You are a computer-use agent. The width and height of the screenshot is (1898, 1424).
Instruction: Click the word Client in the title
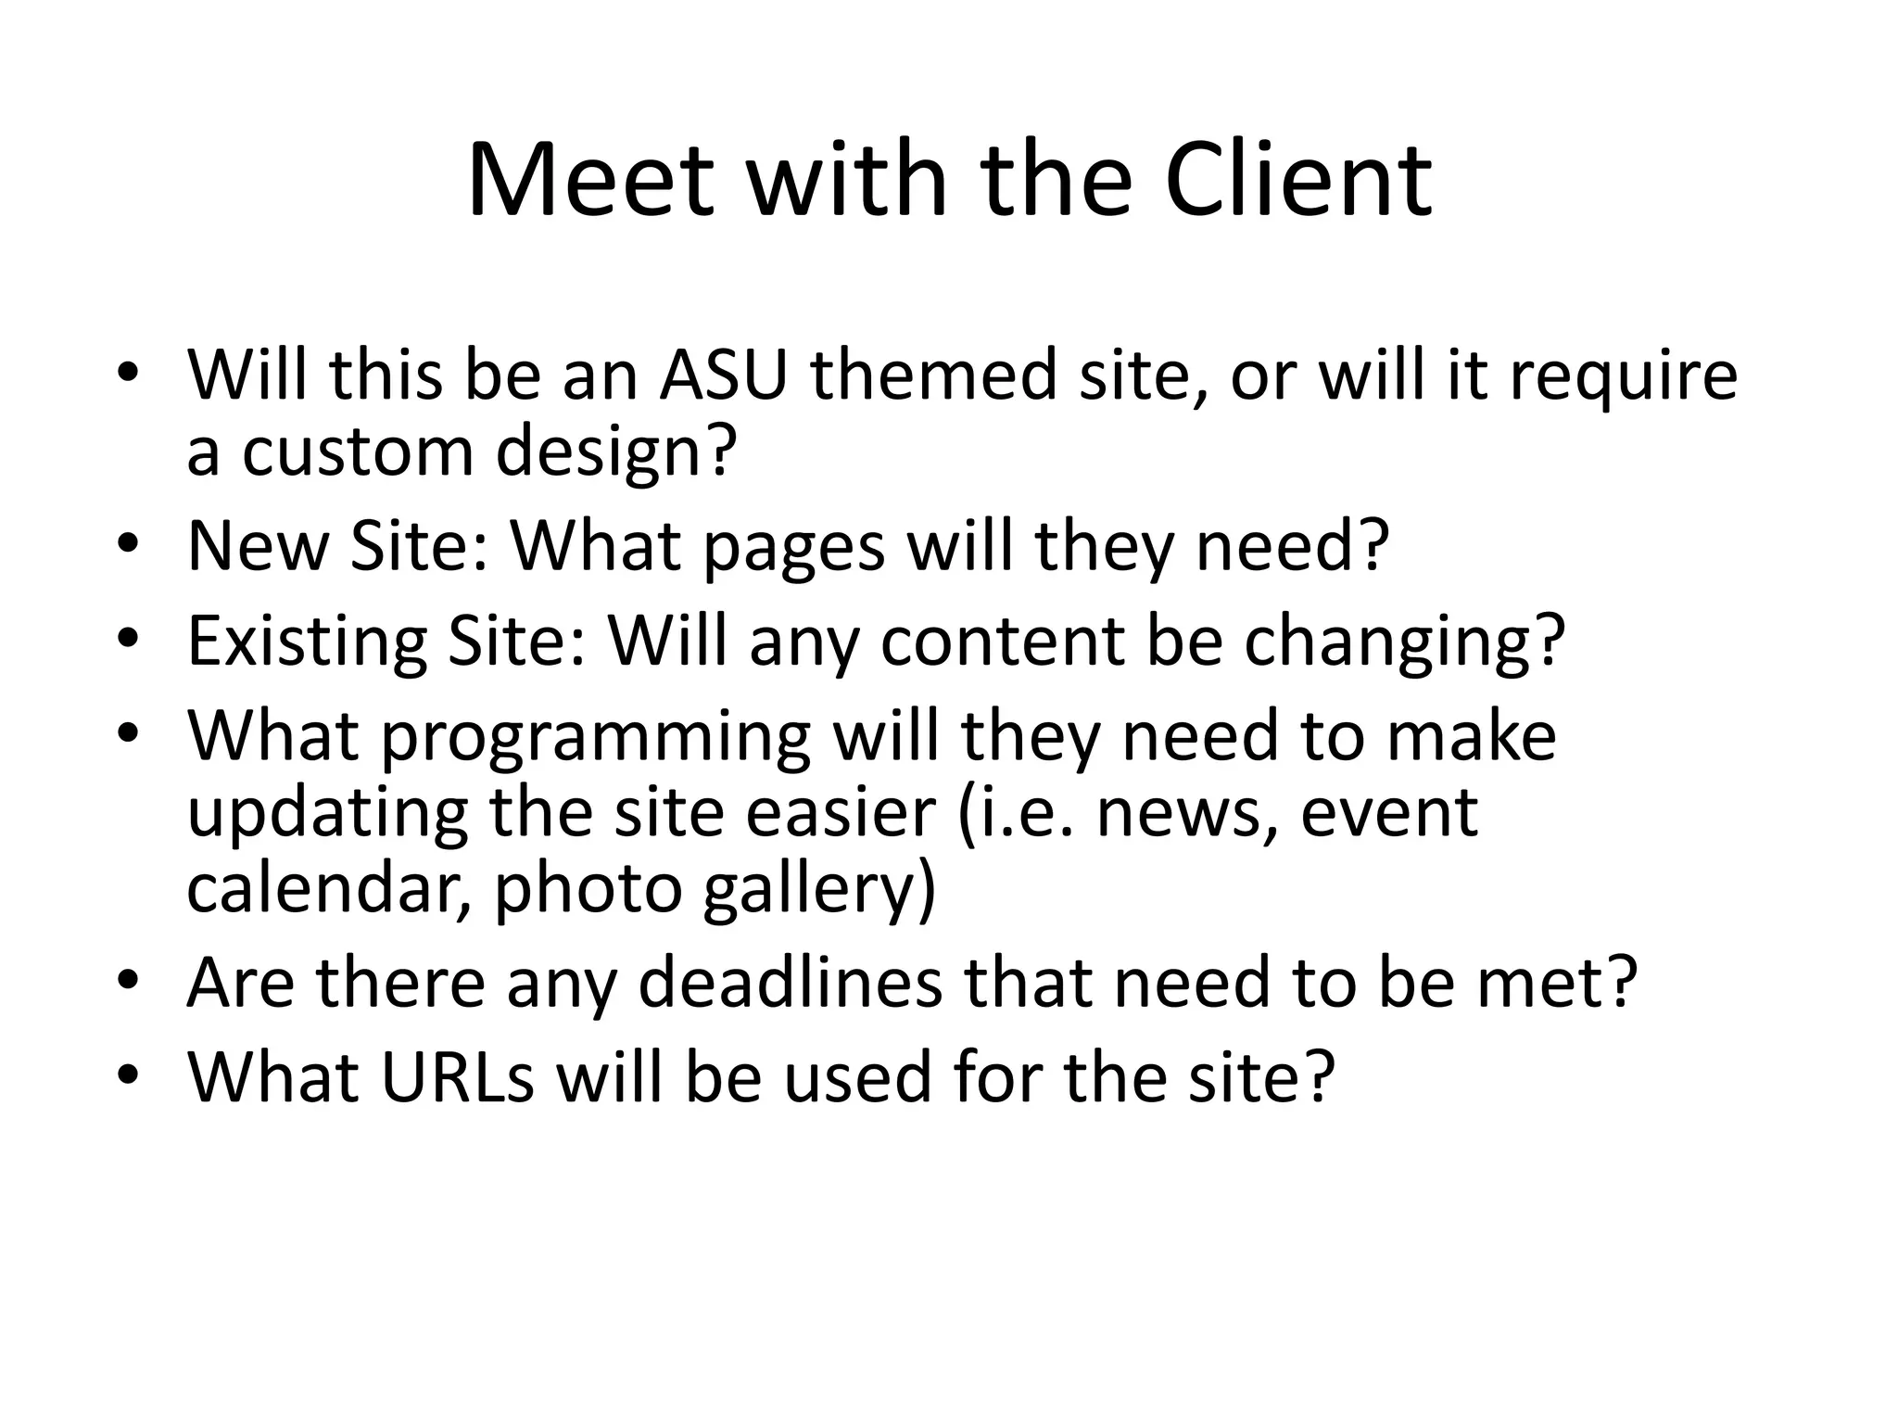point(1297,180)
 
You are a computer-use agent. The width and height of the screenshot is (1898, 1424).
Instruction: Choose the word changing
point(1403,642)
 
